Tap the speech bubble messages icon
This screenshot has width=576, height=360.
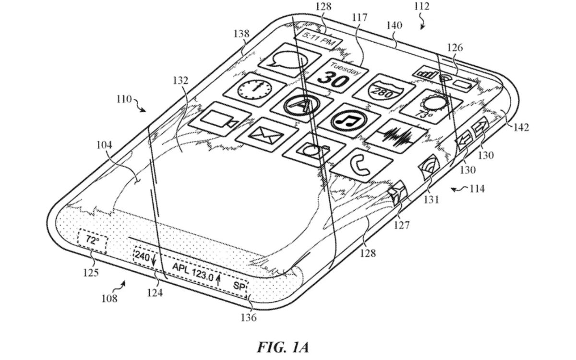290,60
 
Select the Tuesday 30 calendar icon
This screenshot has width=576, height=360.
337,76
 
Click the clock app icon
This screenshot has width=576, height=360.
254,89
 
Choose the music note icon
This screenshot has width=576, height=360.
349,120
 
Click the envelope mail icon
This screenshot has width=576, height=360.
267,135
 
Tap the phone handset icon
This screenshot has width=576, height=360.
361,165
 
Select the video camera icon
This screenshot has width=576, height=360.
220,119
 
